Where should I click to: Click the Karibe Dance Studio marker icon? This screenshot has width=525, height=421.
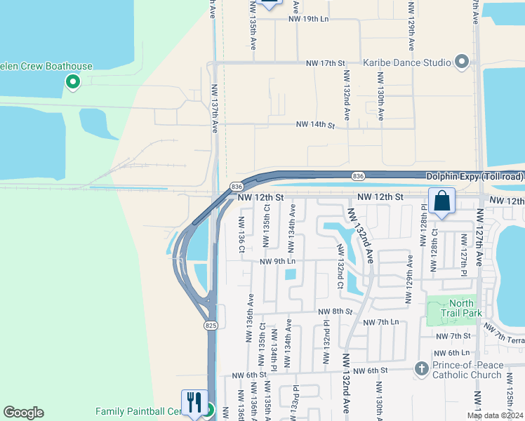point(462,62)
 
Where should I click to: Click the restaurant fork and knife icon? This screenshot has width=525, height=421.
point(194,403)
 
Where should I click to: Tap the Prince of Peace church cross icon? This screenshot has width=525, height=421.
point(421,368)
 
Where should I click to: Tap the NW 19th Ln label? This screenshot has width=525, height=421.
point(308,19)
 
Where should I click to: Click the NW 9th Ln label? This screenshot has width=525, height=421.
point(277,262)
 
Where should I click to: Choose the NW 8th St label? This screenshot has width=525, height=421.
point(334,312)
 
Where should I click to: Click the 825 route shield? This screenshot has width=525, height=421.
point(211,326)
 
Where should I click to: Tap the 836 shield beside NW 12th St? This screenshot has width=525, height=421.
point(236,186)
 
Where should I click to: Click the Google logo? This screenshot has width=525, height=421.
point(23,413)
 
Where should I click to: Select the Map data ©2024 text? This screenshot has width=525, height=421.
point(496,415)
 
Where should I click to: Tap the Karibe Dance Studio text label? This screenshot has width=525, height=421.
point(407,62)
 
